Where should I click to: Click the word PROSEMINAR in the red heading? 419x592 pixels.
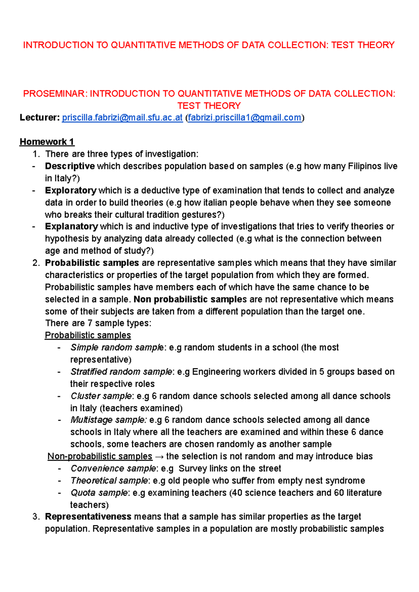point(55,94)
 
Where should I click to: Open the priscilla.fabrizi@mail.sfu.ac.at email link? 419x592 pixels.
point(122,118)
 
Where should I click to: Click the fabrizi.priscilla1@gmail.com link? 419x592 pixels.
point(244,118)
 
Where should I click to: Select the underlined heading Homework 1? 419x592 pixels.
point(47,142)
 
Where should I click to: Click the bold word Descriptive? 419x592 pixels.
point(70,166)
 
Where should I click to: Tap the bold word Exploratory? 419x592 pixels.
point(71,190)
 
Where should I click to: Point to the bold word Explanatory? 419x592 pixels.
point(71,226)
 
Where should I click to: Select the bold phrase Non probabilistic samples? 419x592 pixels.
point(190,299)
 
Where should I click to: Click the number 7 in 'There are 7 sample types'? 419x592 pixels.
point(90,323)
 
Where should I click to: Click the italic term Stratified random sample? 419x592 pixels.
point(121,372)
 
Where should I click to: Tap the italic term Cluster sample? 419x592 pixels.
point(101,396)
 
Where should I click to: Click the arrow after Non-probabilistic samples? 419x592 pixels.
point(159,457)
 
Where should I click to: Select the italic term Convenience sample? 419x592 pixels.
point(113,469)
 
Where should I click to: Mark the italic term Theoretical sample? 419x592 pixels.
point(109,481)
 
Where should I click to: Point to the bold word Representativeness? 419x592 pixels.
point(88,517)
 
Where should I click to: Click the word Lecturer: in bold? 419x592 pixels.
point(40,118)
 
